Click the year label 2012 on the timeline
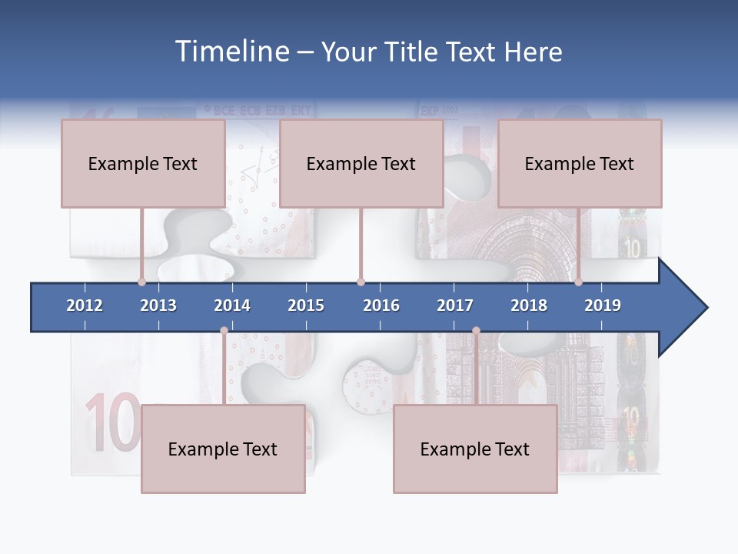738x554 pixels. coord(85,305)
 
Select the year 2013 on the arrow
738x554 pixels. coord(158,305)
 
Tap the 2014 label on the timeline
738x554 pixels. coord(232,305)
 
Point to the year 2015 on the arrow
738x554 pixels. coord(306,305)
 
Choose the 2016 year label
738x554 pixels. coord(381,305)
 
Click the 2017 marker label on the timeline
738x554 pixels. coord(455,305)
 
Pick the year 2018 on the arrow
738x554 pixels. coord(529,305)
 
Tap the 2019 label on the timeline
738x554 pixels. coord(603,305)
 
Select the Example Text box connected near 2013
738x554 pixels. coord(143,163)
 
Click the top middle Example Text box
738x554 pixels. coord(361,163)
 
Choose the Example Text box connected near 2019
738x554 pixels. coord(580,163)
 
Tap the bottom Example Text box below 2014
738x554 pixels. coord(223,449)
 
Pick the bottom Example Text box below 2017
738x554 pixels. coord(475,449)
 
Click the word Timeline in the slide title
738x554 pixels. coord(231,52)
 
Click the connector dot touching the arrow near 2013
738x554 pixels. coord(141,282)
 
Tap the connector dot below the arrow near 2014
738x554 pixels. coord(224,331)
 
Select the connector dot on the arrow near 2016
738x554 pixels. coord(361,282)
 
